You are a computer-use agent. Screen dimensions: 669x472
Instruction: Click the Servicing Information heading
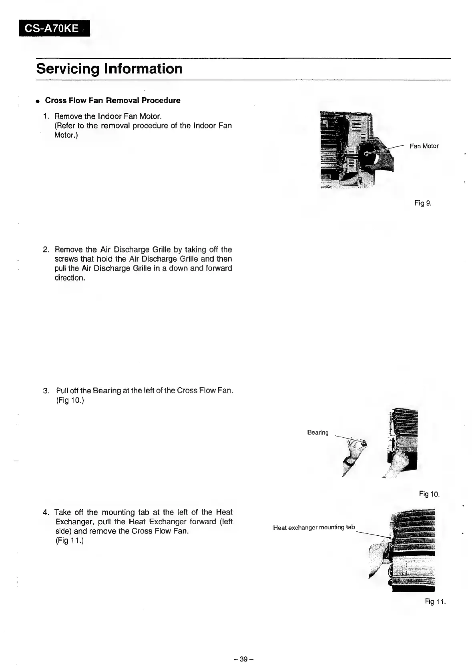[x=109, y=69]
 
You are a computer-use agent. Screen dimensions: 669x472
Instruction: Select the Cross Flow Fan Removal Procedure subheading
[x=112, y=100]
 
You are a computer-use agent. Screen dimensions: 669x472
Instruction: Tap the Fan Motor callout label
[x=424, y=146]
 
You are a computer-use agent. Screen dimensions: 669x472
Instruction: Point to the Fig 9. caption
[x=423, y=203]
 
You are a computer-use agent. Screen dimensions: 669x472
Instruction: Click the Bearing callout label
[x=317, y=433]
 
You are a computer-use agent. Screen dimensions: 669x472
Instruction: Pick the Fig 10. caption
[x=429, y=494]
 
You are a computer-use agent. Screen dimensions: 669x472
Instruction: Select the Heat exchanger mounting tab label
[x=314, y=527]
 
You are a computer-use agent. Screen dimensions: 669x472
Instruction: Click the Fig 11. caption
[x=435, y=601]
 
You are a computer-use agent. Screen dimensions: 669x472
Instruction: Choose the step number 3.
[x=46, y=391]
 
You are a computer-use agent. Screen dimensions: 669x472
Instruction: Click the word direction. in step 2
[x=70, y=278]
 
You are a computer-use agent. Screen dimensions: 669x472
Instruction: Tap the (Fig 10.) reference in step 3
[x=70, y=400]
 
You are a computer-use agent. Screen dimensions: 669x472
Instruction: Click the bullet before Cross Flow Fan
[x=37, y=101]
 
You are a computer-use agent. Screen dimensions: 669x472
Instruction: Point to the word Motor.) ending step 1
[x=66, y=135]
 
